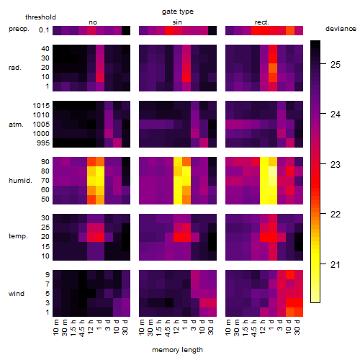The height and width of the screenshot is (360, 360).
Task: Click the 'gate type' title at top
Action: pyautogui.click(x=178, y=12)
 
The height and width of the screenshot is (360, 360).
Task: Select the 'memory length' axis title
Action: pyautogui.click(x=177, y=350)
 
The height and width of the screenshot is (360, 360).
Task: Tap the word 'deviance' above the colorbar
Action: pyautogui.click(x=341, y=29)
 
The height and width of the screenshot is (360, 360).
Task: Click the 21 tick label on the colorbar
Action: pyautogui.click(x=336, y=264)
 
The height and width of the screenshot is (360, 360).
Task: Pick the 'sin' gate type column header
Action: pyautogui.click(x=177, y=22)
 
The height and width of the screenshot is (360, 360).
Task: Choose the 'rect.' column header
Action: pyautogui.click(x=261, y=22)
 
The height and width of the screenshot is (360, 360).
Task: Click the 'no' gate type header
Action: pyautogui.click(x=93, y=22)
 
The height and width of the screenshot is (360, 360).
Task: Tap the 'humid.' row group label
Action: pyautogui.click(x=20, y=181)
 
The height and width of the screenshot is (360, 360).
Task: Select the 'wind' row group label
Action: pyautogui.click(x=17, y=294)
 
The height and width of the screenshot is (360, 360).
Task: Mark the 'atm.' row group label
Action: pyautogui.click(x=16, y=125)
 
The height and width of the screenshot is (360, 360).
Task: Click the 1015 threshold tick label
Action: pyautogui.click(x=41, y=106)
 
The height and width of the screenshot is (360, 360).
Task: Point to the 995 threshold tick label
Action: pyautogui.click(x=43, y=143)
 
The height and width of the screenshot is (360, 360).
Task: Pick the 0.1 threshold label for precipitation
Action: pyautogui.click(x=44, y=30)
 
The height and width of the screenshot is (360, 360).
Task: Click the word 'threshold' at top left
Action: pyautogui.click(x=40, y=17)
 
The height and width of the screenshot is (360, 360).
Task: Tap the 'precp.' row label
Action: pyautogui.click(x=19, y=29)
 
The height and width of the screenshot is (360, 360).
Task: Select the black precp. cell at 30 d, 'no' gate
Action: pyautogui.click(x=126, y=30)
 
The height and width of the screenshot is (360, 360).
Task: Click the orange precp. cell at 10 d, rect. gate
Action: pyautogui.click(x=290, y=30)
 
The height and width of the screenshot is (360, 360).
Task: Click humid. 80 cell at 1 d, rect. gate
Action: pyautogui.click(x=273, y=171)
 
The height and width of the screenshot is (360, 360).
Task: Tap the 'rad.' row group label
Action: pyautogui.click(x=15, y=68)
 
